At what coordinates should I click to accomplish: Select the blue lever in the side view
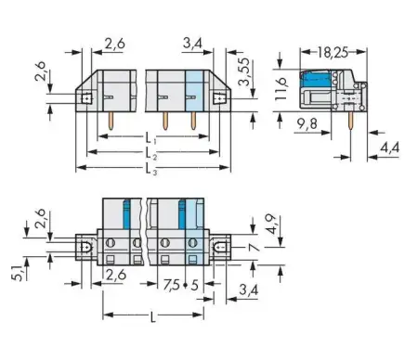[316, 83]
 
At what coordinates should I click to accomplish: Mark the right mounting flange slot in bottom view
[224, 247]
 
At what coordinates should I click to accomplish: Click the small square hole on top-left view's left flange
[85, 96]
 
